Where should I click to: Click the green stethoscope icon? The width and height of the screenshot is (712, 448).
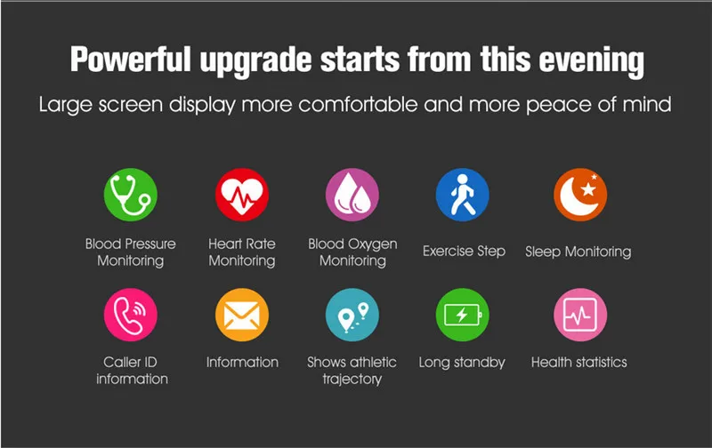[x=131, y=195]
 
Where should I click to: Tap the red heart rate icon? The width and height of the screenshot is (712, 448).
[x=242, y=195]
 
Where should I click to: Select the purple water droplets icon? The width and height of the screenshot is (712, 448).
[x=352, y=195]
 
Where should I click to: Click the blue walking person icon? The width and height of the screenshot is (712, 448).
[x=463, y=195]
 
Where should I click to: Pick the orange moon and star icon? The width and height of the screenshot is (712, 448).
[x=580, y=195]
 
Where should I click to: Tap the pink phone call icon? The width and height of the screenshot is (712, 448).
[x=131, y=315]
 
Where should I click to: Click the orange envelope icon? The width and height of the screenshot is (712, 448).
[x=242, y=315]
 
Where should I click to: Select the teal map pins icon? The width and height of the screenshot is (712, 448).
[x=352, y=315]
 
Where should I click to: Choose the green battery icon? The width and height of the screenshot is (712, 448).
[x=463, y=315]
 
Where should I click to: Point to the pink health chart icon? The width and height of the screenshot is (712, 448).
[x=580, y=315]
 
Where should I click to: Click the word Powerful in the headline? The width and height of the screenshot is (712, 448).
[x=131, y=60]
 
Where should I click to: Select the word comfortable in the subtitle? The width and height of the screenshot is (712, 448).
[x=358, y=104]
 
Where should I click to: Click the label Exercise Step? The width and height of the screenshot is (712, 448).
[x=464, y=252]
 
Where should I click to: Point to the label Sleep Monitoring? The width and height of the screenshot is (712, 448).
[x=578, y=252]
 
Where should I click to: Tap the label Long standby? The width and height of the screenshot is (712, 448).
[x=462, y=363]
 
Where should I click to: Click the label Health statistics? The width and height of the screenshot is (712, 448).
[x=579, y=363]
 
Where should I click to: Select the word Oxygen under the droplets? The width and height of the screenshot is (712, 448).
[x=372, y=244]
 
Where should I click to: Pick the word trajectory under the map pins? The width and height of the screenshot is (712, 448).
[x=352, y=379]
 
